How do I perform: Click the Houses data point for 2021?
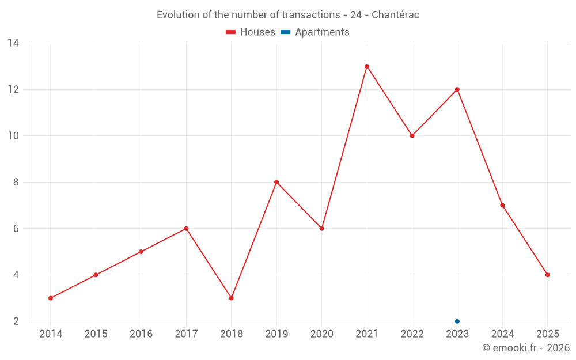(367, 66)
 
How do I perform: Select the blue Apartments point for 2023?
(457, 321)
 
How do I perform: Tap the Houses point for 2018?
(232, 298)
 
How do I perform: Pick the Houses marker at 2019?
(276, 182)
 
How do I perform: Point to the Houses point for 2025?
(548, 275)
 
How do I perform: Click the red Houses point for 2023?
(457, 89)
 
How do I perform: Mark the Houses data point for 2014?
(51, 298)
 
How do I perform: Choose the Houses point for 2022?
(412, 136)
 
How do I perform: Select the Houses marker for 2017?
(186, 229)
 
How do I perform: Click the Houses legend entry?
(251, 32)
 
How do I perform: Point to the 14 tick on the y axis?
(13, 43)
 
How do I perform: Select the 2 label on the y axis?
(16, 321)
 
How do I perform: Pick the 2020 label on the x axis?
(321, 334)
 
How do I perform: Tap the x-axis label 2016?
(141, 334)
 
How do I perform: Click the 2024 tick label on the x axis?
(502, 334)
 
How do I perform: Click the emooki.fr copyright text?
(526, 348)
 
